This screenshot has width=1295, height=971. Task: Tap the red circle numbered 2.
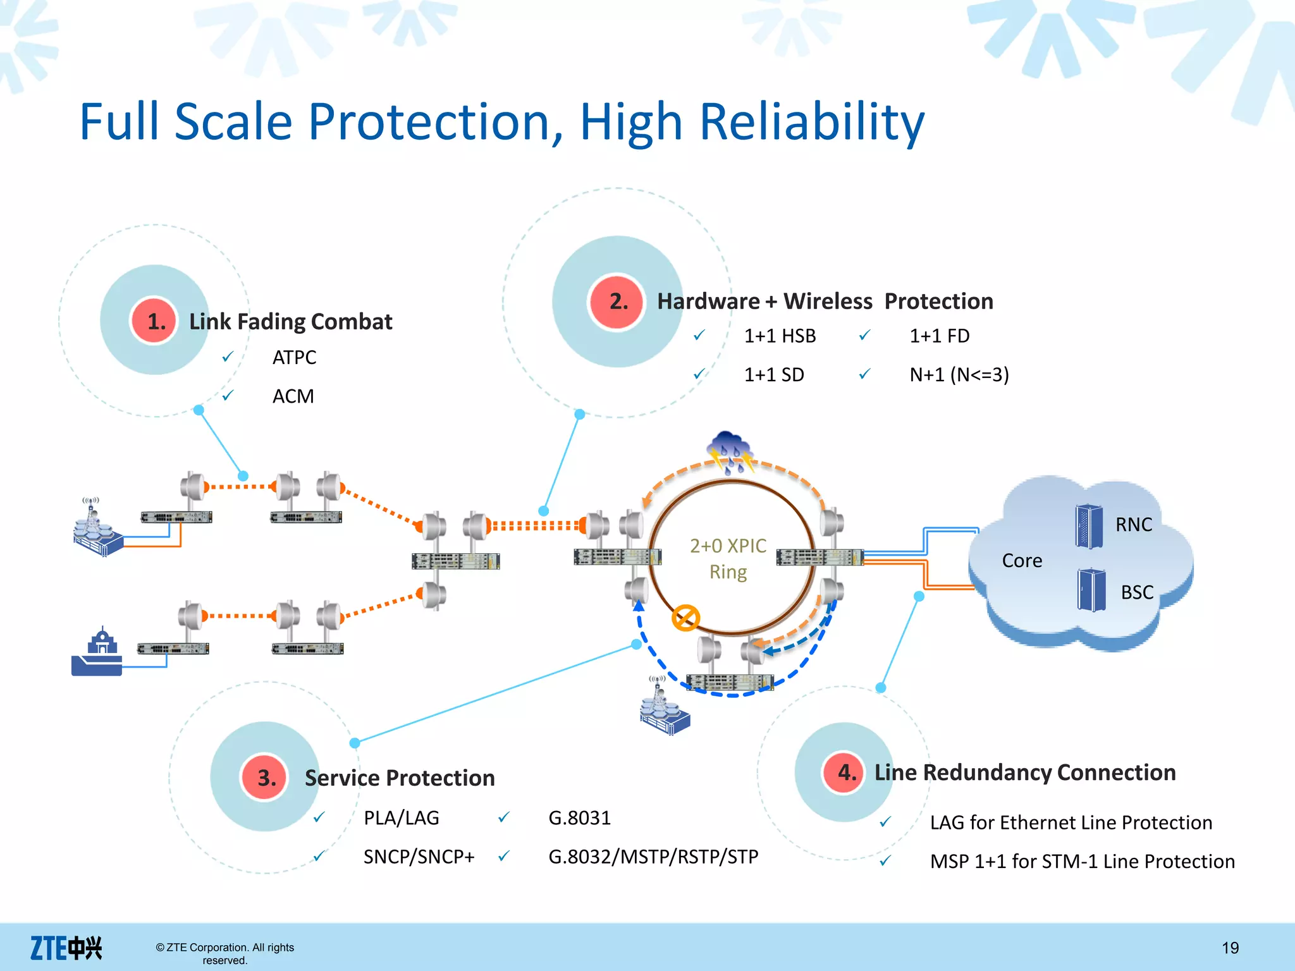pos(617,302)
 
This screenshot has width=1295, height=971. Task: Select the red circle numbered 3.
pos(265,778)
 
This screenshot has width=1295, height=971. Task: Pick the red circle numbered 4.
pos(845,773)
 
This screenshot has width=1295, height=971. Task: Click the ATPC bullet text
pos(294,358)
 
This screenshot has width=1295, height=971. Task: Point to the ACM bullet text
pos(293,396)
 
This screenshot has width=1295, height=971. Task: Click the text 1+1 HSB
pos(780,336)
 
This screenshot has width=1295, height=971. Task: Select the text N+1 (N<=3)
pos(959,375)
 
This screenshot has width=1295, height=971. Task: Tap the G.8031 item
pos(579,818)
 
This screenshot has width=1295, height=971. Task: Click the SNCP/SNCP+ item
pos(419,857)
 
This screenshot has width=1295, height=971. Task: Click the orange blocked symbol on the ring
pos(685,618)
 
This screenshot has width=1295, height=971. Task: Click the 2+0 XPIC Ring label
pos(728,558)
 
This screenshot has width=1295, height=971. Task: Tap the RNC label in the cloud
pos(1133,525)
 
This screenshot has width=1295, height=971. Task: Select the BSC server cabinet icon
pos(1091,590)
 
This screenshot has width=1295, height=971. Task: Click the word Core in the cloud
pos(1022,561)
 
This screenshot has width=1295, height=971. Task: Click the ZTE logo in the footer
pos(66,948)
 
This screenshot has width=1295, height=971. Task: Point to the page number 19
pos(1230,948)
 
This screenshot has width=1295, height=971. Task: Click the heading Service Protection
pos(400,778)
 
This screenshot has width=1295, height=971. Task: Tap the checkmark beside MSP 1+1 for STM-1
pos(886,861)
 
